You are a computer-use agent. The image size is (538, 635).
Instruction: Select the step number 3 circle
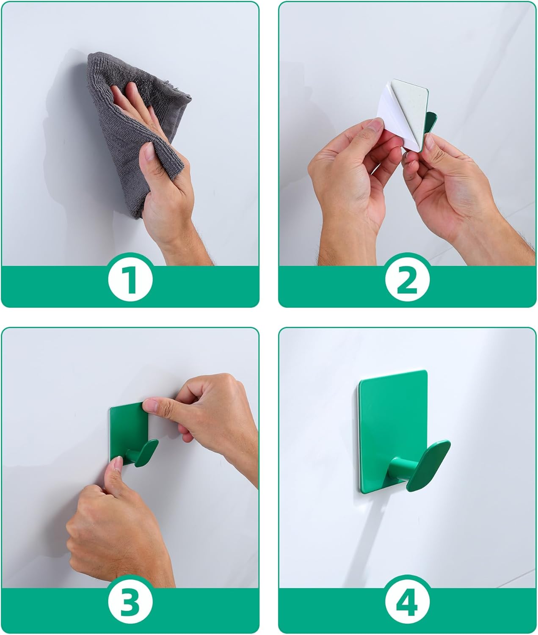pos(130,602)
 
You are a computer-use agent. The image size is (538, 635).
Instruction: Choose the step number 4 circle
pos(407,602)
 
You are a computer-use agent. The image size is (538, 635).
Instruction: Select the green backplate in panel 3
pos(127,428)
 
